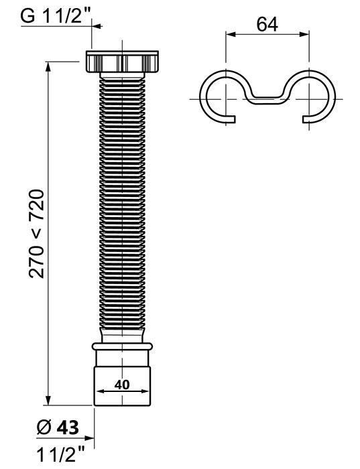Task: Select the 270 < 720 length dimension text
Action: tap(38, 234)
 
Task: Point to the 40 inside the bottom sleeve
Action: tap(122, 385)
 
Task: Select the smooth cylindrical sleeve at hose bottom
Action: tap(122, 379)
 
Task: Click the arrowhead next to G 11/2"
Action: tap(95, 26)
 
